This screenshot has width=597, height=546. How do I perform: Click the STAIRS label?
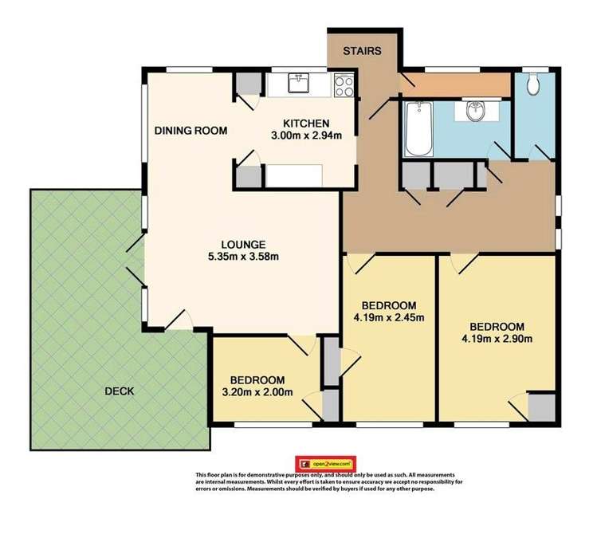pos(362,52)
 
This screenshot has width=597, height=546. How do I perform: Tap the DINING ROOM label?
pos(191,131)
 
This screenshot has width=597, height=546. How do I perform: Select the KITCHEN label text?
pos(306,124)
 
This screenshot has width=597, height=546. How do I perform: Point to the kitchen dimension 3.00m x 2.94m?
pos(306,135)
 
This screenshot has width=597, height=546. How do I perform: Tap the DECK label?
pos(119,391)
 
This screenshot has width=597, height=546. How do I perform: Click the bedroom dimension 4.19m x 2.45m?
pos(389,318)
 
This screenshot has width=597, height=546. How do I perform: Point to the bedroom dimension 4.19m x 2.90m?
pos(497,339)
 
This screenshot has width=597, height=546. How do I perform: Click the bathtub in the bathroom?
pos(418,129)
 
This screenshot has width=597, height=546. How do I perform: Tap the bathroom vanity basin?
pos(476,112)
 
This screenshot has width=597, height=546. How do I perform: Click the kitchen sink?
pos(300,82)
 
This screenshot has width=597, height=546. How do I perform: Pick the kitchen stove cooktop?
pos(345,84)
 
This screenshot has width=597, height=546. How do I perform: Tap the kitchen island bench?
pos(295,175)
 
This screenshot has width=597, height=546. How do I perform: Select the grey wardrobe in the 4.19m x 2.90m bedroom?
pos(542,407)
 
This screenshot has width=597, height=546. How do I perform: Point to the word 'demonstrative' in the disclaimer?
pos(271,474)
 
